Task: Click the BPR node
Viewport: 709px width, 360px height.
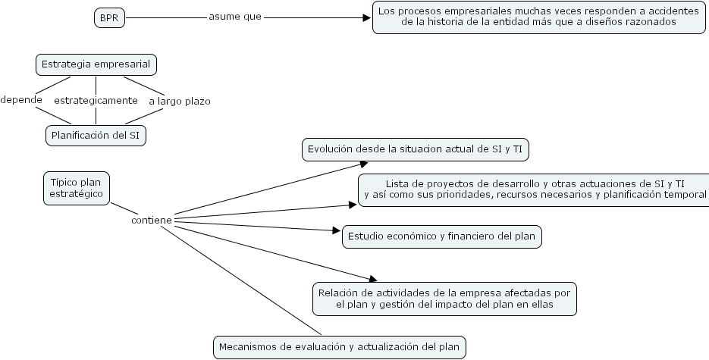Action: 109,18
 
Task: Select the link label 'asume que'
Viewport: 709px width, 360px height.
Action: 235,17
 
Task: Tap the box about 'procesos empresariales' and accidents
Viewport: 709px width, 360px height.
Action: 538,17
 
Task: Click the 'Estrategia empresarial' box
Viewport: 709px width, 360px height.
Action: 96,65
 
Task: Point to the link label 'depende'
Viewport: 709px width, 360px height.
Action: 20,99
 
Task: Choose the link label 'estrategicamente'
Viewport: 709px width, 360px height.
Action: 96,100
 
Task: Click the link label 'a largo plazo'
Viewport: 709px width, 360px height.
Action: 179,101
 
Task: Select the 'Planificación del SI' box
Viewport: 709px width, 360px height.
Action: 96,135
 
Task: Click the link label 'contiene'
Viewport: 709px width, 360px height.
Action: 151,220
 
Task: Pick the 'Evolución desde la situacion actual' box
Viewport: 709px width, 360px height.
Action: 415,149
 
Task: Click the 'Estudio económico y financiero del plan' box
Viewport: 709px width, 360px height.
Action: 441,236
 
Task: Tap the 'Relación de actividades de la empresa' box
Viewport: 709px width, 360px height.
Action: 444,299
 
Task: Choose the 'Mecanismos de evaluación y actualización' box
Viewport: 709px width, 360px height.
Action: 339,347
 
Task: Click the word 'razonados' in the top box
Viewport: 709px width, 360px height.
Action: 652,23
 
